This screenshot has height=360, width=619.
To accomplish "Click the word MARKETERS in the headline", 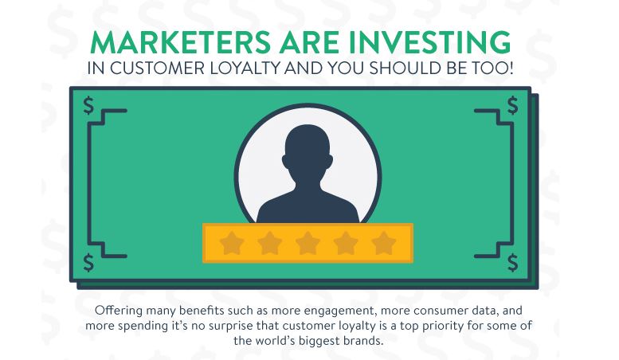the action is tap(180, 42).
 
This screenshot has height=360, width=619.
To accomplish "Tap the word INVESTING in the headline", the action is tap(429, 42).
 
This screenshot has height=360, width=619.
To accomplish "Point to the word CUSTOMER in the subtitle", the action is tap(157, 68).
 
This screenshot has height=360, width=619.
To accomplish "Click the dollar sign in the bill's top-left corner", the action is tap(88, 105).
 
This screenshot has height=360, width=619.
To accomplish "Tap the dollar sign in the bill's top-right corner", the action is tap(512, 105).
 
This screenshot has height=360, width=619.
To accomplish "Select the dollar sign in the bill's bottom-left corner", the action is tap(88, 263).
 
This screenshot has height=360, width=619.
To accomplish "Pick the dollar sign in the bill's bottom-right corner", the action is tap(512, 263).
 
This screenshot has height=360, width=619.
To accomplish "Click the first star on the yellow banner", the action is tap(232, 243).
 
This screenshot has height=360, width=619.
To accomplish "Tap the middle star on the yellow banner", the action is tap(308, 243).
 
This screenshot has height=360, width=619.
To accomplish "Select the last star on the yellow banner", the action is tap(383, 243).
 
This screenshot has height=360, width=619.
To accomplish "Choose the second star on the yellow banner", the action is tap(269, 243).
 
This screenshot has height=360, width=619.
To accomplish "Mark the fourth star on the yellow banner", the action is tap(346, 243).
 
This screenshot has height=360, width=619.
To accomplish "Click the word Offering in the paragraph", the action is tap(119, 311).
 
